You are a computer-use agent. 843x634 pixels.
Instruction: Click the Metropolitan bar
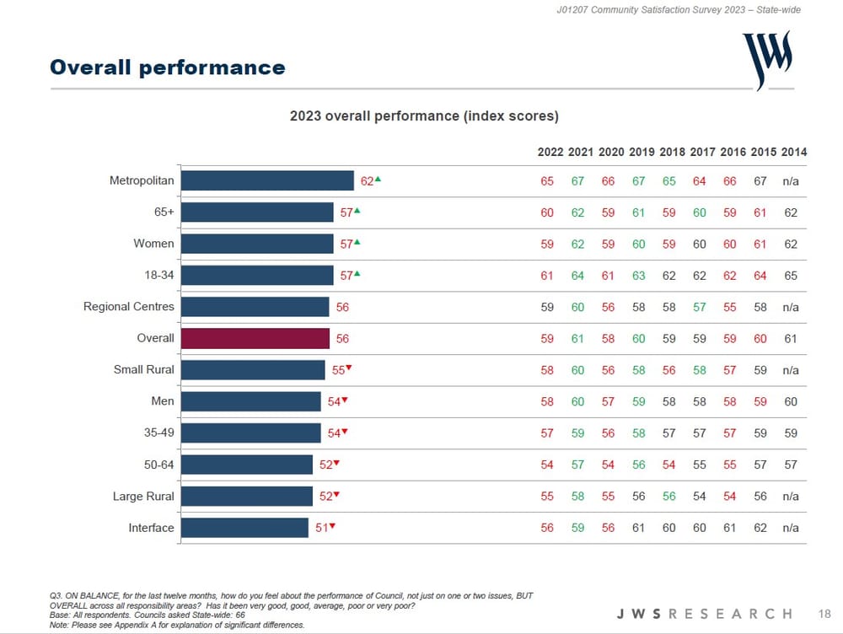[x=267, y=180]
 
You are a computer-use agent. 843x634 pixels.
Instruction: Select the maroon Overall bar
[x=255, y=338]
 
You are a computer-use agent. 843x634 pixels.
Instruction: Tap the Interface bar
[x=244, y=528]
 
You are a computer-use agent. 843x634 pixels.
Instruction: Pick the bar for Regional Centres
[x=255, y=307]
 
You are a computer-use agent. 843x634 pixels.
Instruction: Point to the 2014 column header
[x=793, y=153]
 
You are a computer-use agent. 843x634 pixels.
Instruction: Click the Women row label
[x=154, y=244]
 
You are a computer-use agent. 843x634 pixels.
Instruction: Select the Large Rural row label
[x=143, y=497]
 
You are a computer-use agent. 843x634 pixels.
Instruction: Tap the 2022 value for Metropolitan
[x=547, y=181]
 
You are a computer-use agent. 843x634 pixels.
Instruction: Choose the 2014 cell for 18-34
[x=791, y=276]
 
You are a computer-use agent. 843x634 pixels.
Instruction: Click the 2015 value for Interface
[x=760, y=528]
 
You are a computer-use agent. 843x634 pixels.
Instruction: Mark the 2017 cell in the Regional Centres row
[x=699, y=307]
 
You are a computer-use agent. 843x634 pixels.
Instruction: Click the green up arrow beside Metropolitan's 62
[x=379, y=179]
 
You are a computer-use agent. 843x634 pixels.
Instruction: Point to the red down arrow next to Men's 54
[x=345, y=400]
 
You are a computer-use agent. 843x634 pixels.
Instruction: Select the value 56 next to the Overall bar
[x=342, y=339]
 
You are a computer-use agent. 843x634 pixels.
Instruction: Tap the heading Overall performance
[x=167, y=67]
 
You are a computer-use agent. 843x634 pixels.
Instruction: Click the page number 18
[x=824, y=613]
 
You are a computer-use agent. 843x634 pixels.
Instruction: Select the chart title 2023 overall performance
[x=424, y=116]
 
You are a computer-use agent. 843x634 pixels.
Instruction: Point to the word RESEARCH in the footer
[x=729, y=613]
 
